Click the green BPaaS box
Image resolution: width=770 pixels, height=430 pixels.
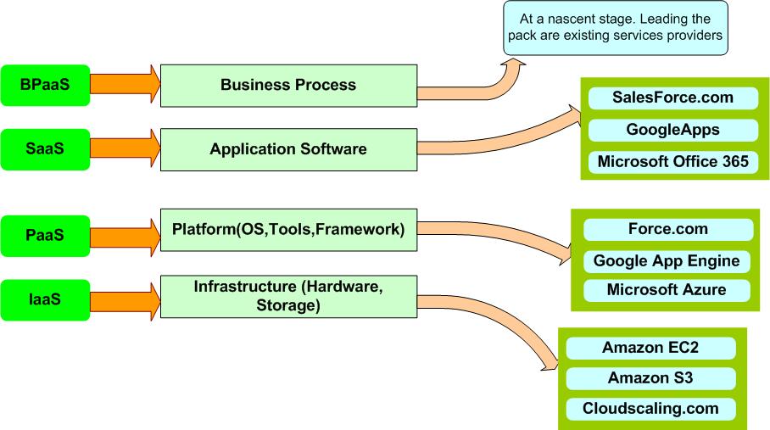[x=44, y=85]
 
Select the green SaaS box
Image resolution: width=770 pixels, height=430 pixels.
[x=44, y=149]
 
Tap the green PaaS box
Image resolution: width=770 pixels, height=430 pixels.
[x=44, y=235]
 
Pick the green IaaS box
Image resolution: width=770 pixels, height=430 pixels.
[x=44, y=299]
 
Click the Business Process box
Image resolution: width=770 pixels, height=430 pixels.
[x=288, y=85]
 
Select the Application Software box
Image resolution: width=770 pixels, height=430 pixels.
[x=288, y=149]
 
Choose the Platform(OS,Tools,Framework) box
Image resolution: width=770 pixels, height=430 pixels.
[x=288, y=230]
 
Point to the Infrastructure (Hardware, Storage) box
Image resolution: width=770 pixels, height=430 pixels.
[x=288, y=297]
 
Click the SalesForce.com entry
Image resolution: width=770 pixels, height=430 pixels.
[x=672, y=98]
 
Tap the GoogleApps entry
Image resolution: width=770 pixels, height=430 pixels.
[x=672, y=130]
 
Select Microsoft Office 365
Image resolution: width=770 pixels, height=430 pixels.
[x=672, y=161]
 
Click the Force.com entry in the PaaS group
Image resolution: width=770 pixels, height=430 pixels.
[x=668, y=229]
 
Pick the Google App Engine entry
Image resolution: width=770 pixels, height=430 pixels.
[x=667, y=260]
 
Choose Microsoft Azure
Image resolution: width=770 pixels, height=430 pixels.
[x=667, y=290]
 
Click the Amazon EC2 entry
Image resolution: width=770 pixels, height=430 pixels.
[x=650, y=347]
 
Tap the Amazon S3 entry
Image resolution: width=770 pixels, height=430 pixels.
[x=650, y=377]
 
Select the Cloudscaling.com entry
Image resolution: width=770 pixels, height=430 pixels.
[x=650, y=408]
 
